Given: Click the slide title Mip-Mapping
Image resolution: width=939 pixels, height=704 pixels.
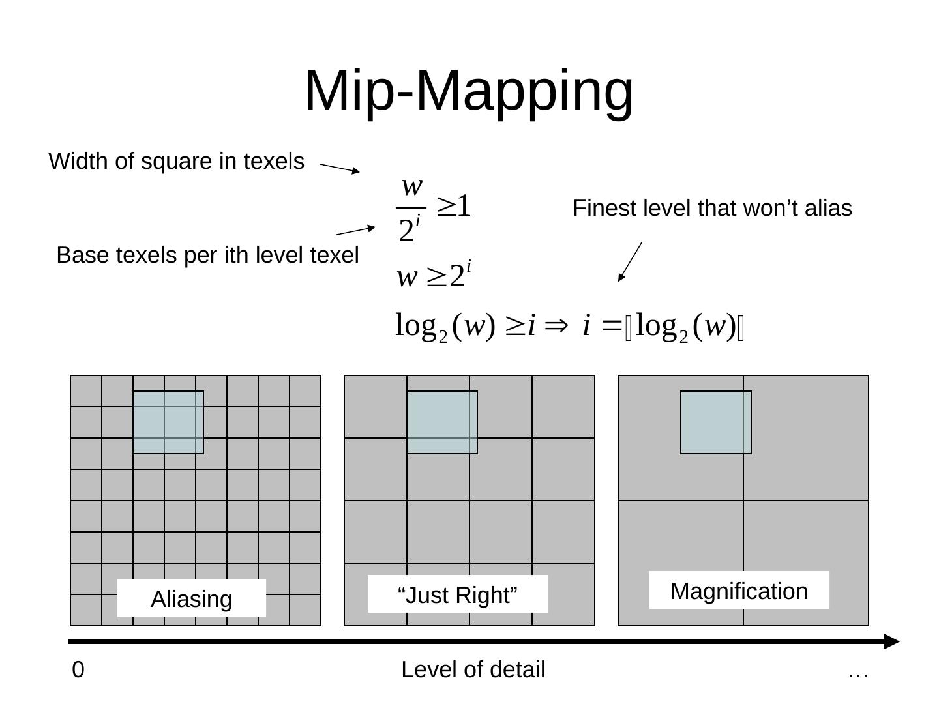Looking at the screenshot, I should click(x=469, y=91).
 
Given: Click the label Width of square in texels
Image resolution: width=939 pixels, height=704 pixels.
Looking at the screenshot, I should click(x=176, y=161).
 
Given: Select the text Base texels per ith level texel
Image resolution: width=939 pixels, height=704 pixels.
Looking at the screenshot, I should click(x=207, y=255).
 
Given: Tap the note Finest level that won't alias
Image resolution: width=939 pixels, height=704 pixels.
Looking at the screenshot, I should click(x=712, y=209).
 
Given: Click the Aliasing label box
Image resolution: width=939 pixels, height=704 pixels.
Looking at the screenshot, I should click(x=191, y=598).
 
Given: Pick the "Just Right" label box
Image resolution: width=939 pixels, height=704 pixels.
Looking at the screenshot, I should click(x=457, y=594).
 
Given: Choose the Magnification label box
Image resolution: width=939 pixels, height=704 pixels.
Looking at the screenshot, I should click(x=739, y=591).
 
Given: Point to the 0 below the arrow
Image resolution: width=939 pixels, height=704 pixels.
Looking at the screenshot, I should click(x=78, y=670).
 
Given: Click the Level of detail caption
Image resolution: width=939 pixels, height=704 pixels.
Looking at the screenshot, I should click(x=473, y=670).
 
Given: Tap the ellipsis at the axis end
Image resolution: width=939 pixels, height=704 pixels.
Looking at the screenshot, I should click(x=857, y=671).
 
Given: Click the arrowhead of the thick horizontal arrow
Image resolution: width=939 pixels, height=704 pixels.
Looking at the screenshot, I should click(x=891, y=641).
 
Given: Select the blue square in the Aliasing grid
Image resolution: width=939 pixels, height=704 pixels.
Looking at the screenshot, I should click(x=168, y=422).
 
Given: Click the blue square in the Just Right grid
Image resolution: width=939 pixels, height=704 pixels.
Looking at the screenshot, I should click(x=442, y=422).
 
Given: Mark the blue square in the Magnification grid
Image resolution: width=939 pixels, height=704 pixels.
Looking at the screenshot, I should click(x=716, y=422).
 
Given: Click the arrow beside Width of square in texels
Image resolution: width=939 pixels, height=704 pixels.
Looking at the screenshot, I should click(x=340, y=168).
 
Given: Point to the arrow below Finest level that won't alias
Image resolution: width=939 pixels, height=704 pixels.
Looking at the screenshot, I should click(x=630, y=261).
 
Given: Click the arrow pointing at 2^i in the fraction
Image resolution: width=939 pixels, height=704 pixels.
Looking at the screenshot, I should click(x=355, y=230).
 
